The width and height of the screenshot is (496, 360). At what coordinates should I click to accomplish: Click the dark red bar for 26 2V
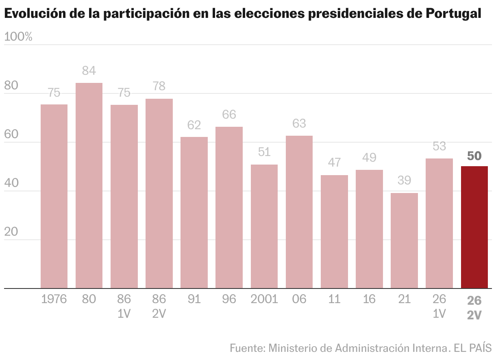(474, 227)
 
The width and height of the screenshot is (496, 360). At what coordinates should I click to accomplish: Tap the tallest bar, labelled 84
(89, 185)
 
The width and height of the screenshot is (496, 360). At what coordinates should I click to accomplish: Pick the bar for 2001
(264, 226)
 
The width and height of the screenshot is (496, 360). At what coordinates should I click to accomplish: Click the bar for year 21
(404, 241)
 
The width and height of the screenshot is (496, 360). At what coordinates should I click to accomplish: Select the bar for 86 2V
(159, 193)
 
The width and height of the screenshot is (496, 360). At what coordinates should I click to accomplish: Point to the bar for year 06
(299, 212)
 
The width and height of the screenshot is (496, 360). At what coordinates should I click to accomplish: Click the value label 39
(404, 180)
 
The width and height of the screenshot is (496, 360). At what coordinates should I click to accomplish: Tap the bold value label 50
(474, 156)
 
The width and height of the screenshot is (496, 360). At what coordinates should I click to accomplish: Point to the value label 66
(229, 115)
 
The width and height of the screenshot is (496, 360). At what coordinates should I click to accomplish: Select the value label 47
(334, 163)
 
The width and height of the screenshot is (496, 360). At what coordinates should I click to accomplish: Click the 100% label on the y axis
(18, 37)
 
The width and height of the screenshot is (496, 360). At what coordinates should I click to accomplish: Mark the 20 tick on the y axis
(11, 232)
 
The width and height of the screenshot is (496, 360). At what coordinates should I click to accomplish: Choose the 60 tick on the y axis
(11, 135)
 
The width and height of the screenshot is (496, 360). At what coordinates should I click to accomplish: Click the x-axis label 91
(194, 299)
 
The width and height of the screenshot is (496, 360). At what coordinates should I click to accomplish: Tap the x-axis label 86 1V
(124, 306)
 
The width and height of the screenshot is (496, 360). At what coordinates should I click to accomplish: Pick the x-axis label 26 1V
(439, 306)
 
